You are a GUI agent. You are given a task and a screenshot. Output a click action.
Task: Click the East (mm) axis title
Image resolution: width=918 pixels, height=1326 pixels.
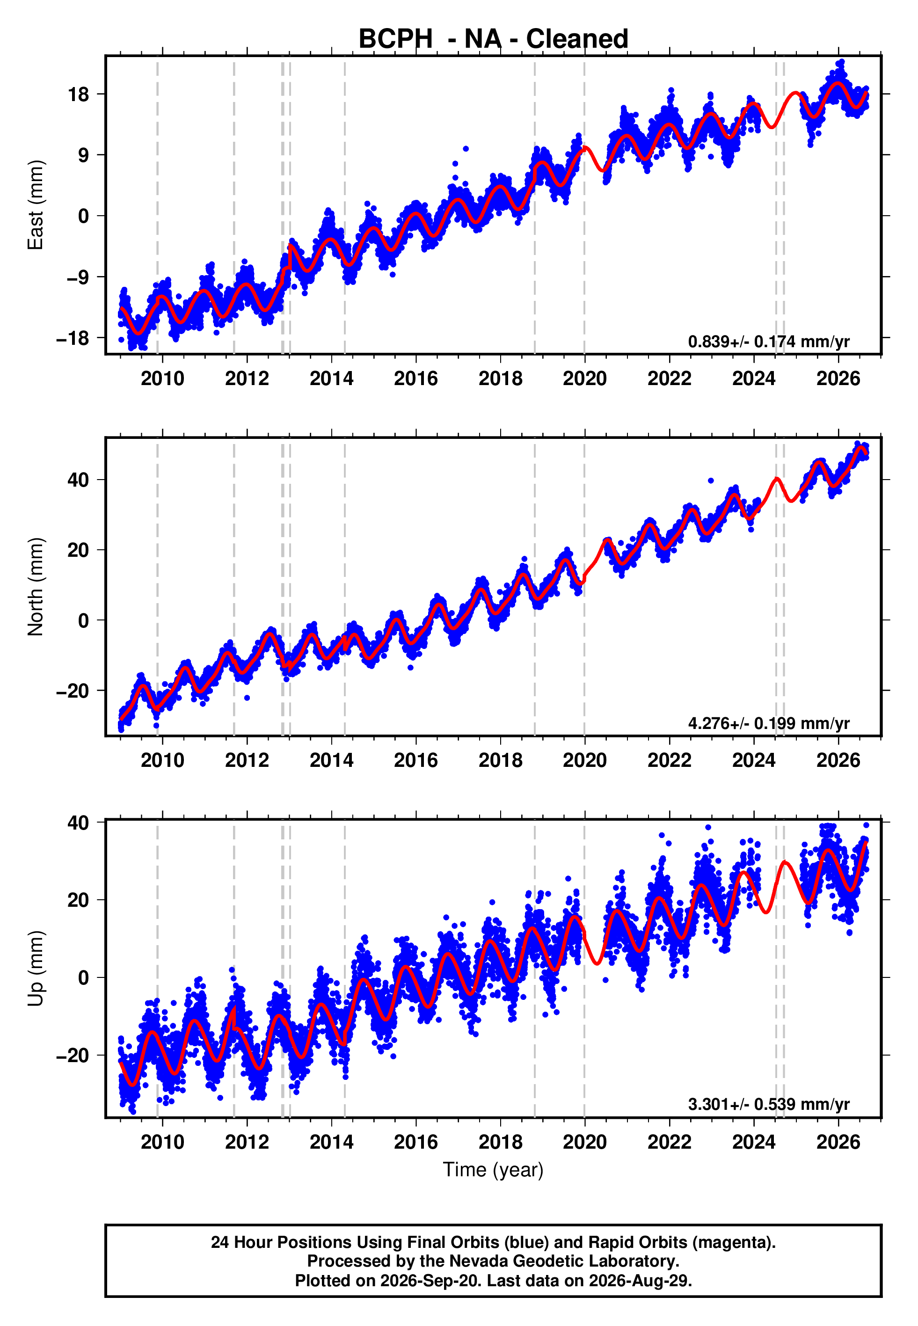pos(35,205)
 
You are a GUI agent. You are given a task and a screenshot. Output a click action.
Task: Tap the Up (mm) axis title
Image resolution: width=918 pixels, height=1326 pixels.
pos(35,969)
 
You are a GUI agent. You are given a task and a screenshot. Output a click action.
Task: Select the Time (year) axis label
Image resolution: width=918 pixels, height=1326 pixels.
pos(493,1170)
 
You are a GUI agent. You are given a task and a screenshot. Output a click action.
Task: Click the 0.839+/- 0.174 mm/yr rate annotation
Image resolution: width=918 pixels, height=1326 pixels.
pos(768,342)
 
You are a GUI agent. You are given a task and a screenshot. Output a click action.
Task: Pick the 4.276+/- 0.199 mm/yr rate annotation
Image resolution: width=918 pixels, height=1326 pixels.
pos(768,723)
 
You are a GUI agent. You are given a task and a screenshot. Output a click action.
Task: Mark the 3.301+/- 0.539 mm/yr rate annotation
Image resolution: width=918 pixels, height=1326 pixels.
pos(768,1104)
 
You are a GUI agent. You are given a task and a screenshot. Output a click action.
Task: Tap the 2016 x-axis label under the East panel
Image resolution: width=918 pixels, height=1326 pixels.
pos(416,379)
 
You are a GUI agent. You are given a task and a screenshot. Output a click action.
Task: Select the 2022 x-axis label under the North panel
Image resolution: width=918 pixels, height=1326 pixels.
pos(670,760)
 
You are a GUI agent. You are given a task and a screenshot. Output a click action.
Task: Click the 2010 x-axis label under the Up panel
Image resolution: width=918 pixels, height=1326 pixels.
pos(163,1142)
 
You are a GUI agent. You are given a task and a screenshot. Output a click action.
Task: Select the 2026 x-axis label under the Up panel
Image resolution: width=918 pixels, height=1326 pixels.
pos(838,1142)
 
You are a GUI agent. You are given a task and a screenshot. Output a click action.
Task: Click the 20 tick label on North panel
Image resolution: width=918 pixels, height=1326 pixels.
pos(78,550)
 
